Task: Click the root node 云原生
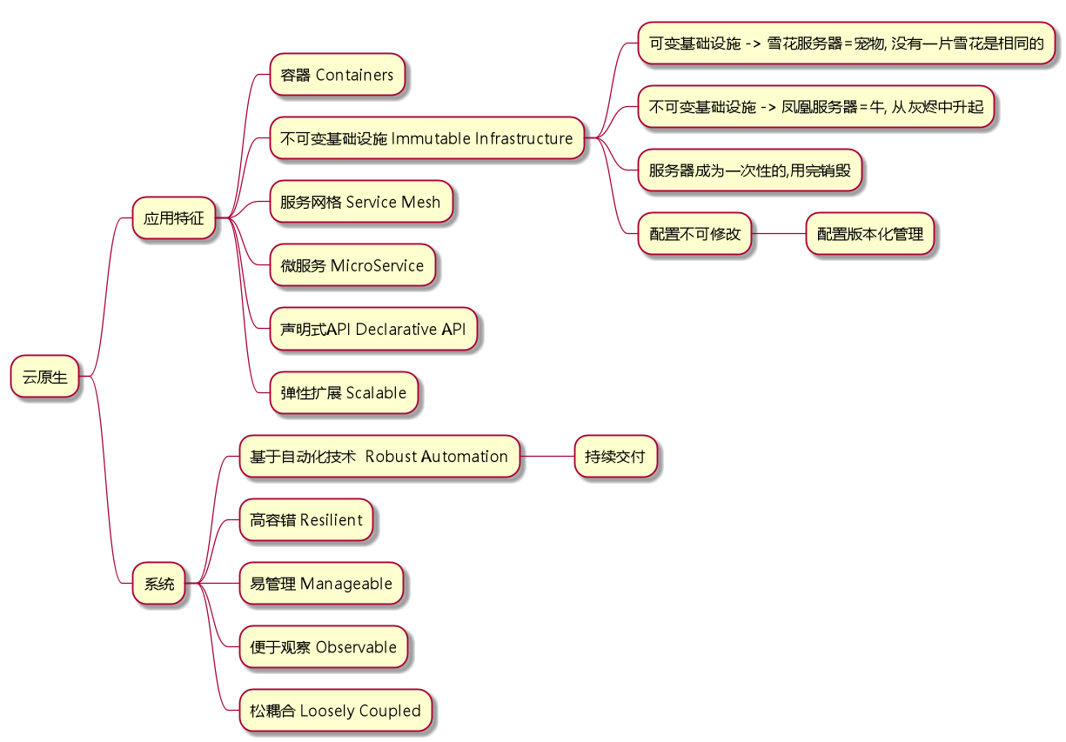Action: click(44, 378)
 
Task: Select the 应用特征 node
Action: click(173, 218)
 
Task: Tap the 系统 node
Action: click(159, 584)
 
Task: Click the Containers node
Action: click(337, 75)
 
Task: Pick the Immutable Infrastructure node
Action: click(426, 138)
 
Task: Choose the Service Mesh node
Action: click(360, 202)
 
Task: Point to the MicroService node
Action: click(352, 265)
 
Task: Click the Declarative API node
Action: click(372, 329)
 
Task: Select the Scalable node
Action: click(343, 392)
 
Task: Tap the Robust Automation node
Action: click(379, 457)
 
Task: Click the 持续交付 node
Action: click(614, 457)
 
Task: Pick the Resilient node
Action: click(306, 520)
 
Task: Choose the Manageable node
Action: click(321, 584)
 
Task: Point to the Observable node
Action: click(323, 647)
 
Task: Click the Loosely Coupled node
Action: click(335, 711)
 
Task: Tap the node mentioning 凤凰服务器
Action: click(815, 107)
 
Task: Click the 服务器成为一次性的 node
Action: click(749, 170)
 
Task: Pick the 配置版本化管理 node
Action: click(869, 234)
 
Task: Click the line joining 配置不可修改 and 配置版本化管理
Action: click(779, 234)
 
